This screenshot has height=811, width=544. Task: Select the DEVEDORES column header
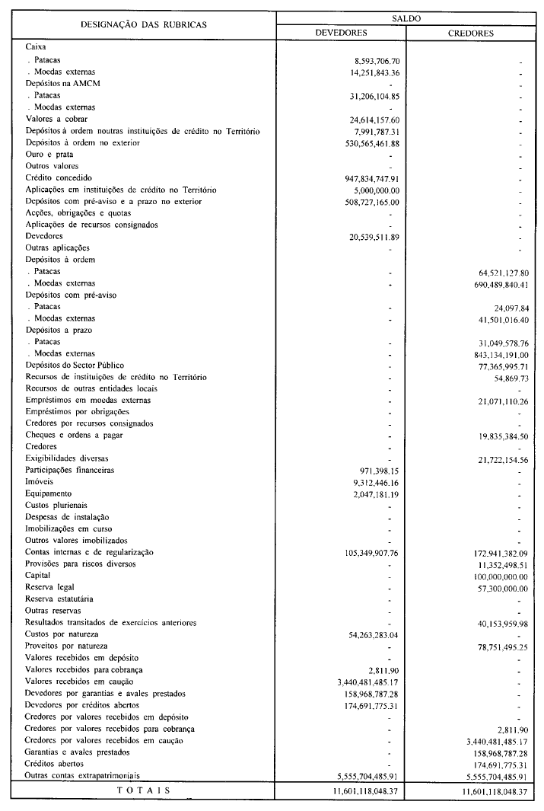tap(342, 33)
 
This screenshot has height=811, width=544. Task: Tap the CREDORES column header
tap(472, 33)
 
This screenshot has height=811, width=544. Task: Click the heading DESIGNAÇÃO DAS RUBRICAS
tap(143, 25)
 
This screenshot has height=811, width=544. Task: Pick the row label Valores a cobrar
tap(56, 119)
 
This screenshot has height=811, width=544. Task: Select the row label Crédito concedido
tap(60, 177)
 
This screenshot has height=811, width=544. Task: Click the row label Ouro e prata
tap(49, 154)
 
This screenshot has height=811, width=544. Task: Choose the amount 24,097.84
tap(511, 308)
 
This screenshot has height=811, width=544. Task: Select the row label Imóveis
tap(40, 483)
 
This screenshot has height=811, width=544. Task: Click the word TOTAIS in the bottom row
tap(144, 790)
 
